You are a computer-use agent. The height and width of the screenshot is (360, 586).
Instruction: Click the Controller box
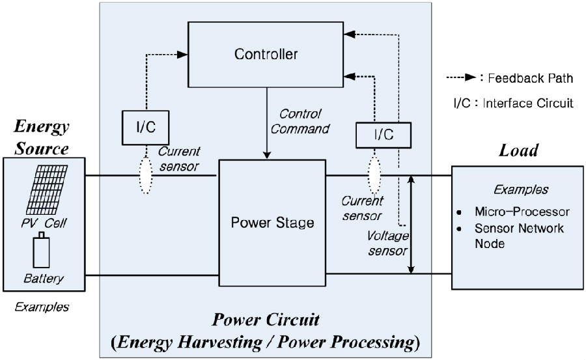click(266, 54)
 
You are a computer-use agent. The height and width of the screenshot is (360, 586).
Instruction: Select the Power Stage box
click(272, 223)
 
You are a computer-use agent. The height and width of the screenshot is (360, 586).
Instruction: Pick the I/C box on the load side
click(384, 135)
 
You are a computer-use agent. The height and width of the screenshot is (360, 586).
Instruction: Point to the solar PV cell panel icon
click(45, 189)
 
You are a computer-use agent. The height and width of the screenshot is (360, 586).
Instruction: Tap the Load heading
click(518, 151)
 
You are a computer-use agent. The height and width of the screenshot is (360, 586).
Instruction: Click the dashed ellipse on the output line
click(374, 174)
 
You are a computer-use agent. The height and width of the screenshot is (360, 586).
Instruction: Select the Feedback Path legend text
click(530, 79)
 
